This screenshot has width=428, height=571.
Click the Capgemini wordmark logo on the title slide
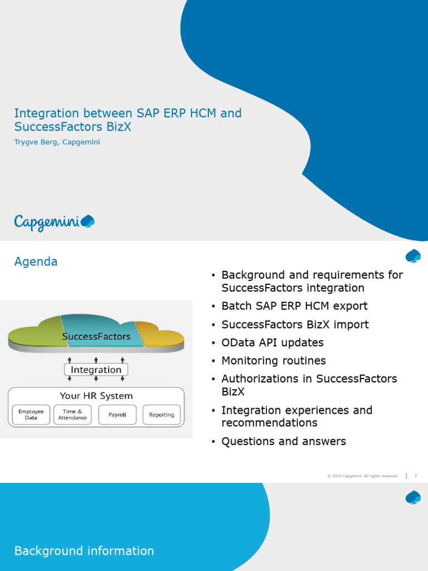(54, 222)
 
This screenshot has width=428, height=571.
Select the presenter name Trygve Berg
(57, 142)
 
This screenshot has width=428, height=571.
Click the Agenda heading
(36, 262)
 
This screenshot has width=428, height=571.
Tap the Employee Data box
(31, 415)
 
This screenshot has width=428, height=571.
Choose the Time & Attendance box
(72, 415)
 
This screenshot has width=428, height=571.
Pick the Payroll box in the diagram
(117, 415)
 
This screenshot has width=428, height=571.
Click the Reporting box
(162, 415)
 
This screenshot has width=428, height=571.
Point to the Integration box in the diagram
(96, 370)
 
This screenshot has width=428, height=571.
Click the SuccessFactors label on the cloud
(96, 337)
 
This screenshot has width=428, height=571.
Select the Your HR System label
(96, 396)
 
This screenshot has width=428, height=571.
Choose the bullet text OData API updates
(272, 342)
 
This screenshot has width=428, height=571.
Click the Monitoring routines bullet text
(273, 361)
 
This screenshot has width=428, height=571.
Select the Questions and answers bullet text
(283, 442)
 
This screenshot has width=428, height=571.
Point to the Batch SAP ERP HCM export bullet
(294, 306)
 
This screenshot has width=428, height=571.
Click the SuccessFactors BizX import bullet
(295, 325)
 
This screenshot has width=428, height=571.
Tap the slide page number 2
(416, 476)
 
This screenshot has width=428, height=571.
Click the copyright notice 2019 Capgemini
(362, 476)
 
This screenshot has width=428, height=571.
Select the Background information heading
(84, 551)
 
